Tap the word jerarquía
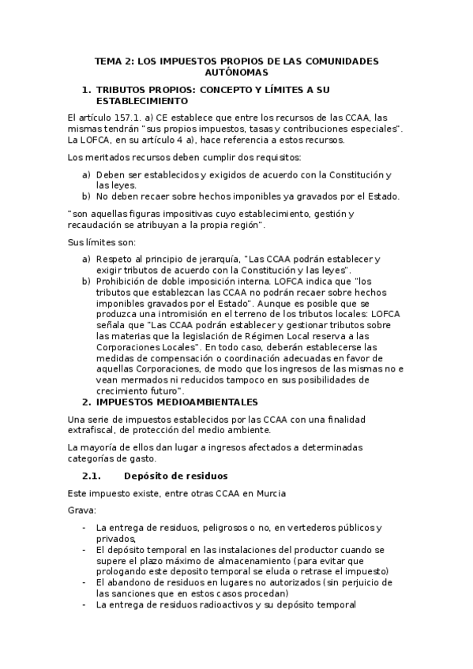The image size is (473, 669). [x=216, y=258]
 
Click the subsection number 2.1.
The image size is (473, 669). [x=93, y=476]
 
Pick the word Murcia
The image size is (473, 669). [x=268, y=493]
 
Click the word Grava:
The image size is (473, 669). [x=82, y=510]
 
